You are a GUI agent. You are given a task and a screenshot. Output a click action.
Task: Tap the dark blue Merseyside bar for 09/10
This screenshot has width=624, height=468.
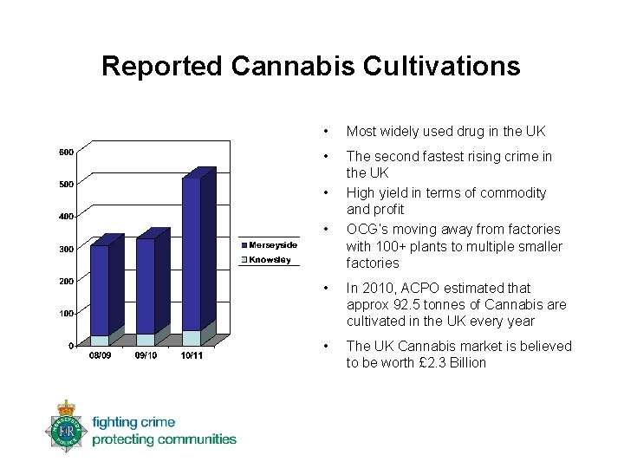tap(145, 286)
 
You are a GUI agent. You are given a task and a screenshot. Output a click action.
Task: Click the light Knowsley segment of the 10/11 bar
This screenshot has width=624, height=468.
tap(191, 338)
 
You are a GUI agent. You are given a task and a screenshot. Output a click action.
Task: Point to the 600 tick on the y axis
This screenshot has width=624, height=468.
tap(65, 152)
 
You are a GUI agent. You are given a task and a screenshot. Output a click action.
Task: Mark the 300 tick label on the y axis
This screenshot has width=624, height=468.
tap(65, 250)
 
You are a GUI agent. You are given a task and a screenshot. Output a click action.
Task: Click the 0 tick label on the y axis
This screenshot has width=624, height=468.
tap(69, 346)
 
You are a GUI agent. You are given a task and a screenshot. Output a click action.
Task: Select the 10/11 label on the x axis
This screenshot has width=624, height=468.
tap(192, 356)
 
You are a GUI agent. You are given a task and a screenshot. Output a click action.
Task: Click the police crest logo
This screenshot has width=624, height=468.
tap(65, 426)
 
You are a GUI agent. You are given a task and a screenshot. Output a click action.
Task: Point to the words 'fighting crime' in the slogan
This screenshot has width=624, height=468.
tap(133, 423)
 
